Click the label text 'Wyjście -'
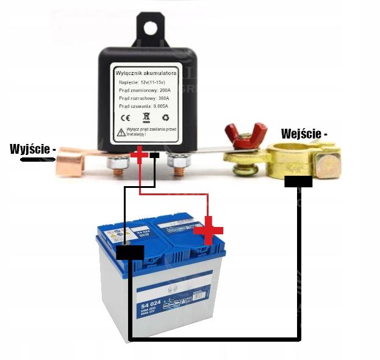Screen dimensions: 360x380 (33, 149)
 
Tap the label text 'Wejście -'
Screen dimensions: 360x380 (304, 133)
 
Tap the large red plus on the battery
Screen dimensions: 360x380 (208, 229)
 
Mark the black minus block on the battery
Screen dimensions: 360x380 (130, 253)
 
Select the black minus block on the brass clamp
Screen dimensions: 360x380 (298, 181)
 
